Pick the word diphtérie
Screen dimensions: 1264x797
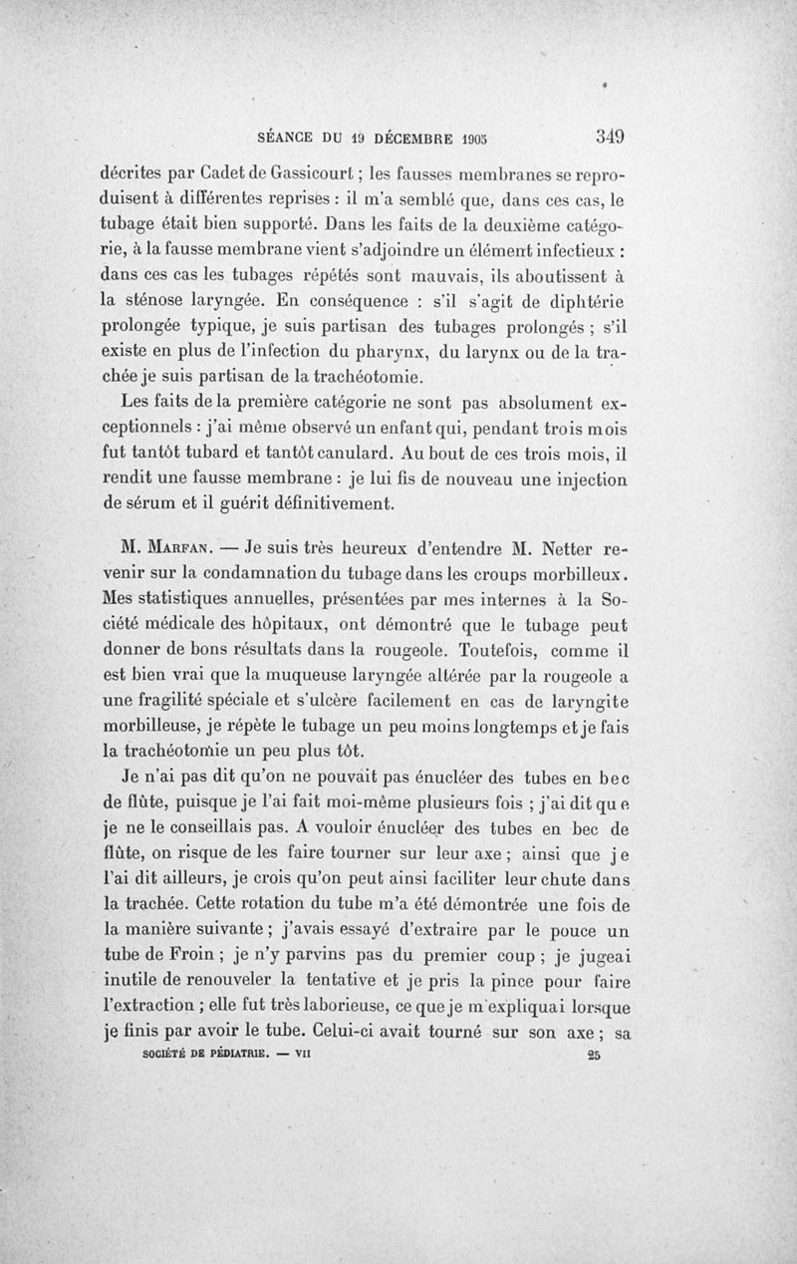click(x=590, y=300)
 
